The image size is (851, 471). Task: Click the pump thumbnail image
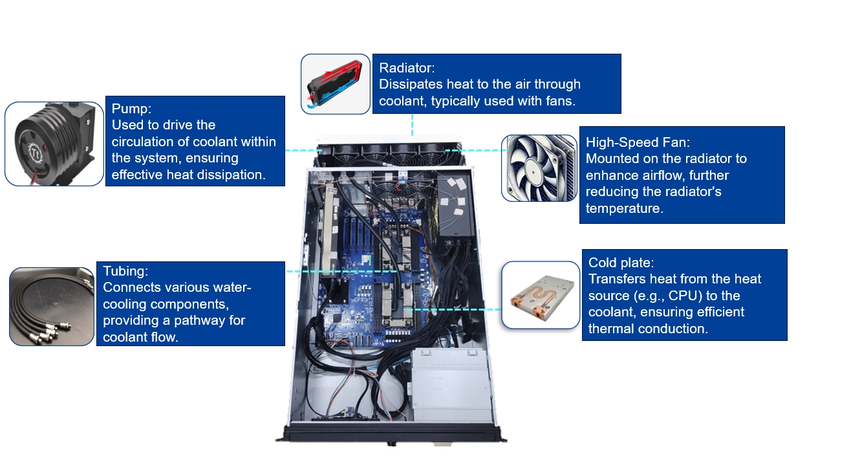click(54, 144)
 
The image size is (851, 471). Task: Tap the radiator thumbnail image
click(336, 84)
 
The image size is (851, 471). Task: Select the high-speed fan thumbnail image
click(539, 168)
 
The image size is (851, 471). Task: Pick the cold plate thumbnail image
click(541, 295)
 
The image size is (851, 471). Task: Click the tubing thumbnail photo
click(52, 307)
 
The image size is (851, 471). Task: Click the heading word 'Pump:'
click(131, 108)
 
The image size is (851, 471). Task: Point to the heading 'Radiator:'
click(407, 68)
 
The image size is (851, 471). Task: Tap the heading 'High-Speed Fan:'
click(638, 142)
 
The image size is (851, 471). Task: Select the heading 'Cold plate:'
click(621, 263)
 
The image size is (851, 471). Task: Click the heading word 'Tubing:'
click(125, 271)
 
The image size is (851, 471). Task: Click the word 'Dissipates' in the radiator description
click(410, 84)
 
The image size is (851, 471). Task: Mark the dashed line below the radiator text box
click(412, 125)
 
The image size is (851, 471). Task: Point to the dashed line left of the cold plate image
click(453, 309)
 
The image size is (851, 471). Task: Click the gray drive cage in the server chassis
click(451, 385)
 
